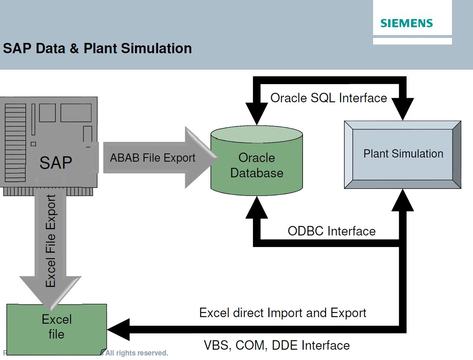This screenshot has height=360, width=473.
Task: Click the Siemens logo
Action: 407,23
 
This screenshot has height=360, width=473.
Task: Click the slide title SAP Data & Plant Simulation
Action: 97,48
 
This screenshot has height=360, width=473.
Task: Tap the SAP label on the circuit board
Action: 56,162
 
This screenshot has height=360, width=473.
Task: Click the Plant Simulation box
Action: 403,154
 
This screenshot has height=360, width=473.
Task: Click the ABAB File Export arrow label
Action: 153,158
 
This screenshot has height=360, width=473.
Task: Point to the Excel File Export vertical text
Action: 51,241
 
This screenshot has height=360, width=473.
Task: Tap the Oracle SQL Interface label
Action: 329,98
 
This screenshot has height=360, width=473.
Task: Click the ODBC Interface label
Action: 331,231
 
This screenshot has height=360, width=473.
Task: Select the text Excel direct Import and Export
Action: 283,313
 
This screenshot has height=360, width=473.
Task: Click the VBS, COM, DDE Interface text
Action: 277,345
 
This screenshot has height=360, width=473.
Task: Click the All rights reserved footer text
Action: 137,353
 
